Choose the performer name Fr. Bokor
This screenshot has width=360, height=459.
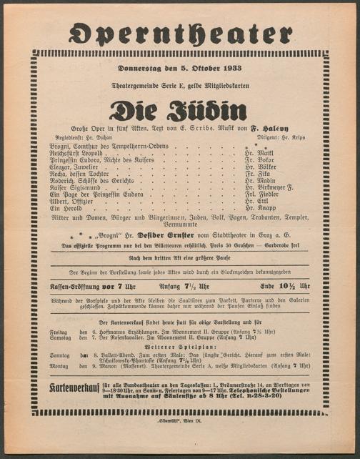point(259,159)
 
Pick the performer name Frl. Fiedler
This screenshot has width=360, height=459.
point(260,193)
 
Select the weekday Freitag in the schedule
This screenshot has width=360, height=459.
point(59,332)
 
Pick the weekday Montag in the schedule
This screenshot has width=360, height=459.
point(59,365)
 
